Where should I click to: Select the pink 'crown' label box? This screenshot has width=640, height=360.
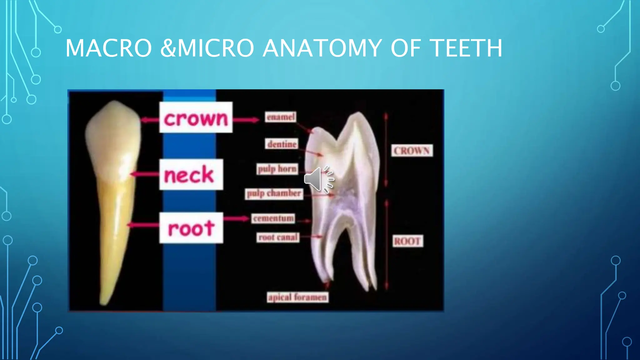coord(196,117)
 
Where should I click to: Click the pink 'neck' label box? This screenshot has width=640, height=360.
coord(191,174)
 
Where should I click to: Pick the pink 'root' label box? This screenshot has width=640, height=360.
coord(191,228)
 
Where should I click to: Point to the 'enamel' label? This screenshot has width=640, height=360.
coord(281,117)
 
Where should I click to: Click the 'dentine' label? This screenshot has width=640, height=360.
coord(282,144)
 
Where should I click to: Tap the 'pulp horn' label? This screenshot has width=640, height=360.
coord(277,169)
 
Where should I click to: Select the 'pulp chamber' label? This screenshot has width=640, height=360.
coord(274,193)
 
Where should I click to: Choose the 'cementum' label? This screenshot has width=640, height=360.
coord(273,218)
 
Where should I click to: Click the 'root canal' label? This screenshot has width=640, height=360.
coord(278,237)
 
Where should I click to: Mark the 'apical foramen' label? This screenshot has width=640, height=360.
coord(297,297)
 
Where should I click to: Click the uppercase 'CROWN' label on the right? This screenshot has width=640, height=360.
coord(412,151)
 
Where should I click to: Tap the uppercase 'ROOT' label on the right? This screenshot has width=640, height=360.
coord(407,241)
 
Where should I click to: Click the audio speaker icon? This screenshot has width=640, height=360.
coord(319,179)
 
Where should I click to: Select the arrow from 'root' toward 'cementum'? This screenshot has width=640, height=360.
coord(237,218)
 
